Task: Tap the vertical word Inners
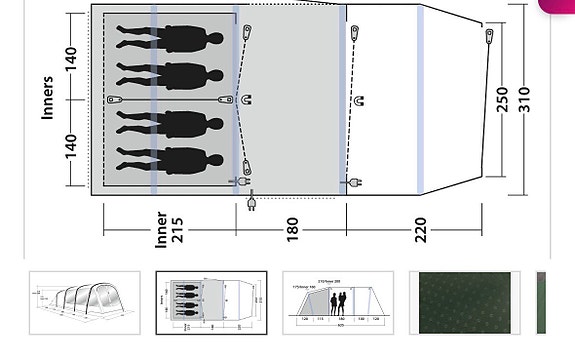(47, 98)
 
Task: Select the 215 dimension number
(178, 230)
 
